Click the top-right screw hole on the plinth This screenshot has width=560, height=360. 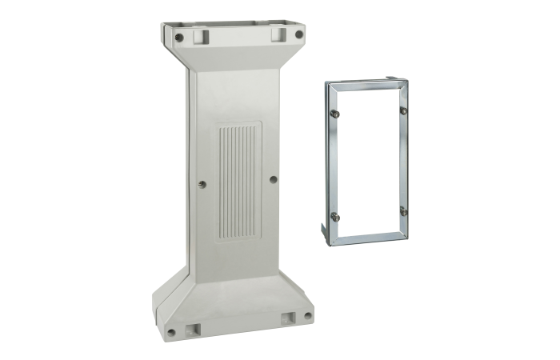click(298, 35)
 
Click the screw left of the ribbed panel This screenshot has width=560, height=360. click(202, 183)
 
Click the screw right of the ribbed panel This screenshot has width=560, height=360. click(274, 179)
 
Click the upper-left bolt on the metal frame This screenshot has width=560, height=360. click(337, 114)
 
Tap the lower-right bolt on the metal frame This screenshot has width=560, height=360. click(403, 211)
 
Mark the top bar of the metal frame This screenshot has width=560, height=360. click(368, 86)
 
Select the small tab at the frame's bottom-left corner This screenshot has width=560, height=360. click(326, 231)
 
